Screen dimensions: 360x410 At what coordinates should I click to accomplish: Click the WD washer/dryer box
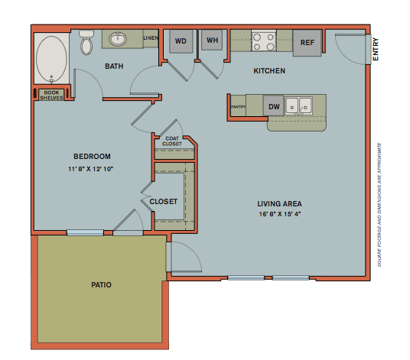181,41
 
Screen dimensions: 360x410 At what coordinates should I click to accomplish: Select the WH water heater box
212,41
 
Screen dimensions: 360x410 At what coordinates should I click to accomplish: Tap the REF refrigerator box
307,43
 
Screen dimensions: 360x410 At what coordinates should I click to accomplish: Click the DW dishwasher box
273,107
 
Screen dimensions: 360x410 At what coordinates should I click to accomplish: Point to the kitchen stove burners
265,41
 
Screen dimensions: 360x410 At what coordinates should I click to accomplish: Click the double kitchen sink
299,105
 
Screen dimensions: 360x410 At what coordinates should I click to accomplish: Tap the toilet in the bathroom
86,44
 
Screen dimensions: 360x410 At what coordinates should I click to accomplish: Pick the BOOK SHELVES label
52,95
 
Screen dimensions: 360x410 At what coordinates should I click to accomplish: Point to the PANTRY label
238,107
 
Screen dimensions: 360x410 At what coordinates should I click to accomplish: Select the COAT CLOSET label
173,141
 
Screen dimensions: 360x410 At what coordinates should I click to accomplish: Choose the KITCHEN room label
269,71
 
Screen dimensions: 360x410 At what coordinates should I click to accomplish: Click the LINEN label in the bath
151,37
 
